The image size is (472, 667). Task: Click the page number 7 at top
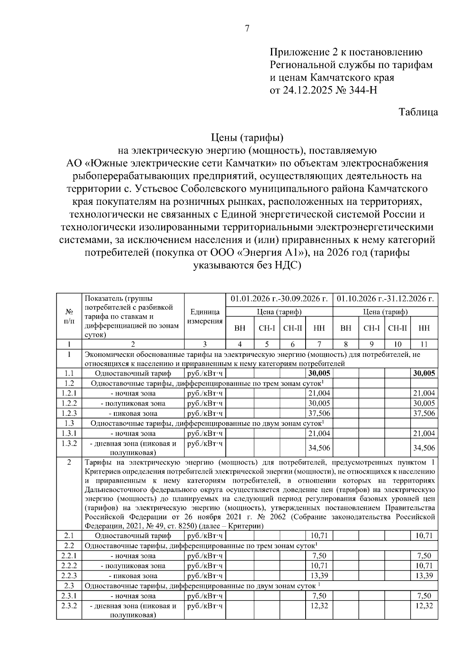[x=247, y=29]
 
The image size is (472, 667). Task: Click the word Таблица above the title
[x=419, y=112]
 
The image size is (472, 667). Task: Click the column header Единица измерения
[x=205, y=316]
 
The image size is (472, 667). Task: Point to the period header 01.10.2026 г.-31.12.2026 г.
[x=385, y=299]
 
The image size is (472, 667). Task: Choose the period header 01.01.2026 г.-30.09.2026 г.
[x=279, y=299]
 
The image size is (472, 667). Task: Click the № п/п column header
[x=69, y=316]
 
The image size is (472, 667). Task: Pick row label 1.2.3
[x=69, y=413]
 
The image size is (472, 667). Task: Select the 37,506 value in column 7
[x=319, y=413]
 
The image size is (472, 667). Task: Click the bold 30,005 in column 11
[x=424, y=373]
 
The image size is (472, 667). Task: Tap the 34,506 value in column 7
[x=319, y=448]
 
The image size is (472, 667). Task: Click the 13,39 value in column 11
[x=424, y=576]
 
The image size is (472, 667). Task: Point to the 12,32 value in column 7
[x=319, y=606]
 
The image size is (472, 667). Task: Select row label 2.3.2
[x=69, y=606]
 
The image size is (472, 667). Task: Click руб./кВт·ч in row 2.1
[x=205, y=535]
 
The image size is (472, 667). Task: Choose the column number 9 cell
[x=371, y=344]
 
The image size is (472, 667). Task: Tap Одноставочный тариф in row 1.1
[x=133, y=373]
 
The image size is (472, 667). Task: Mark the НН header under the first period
[x=319, y=328]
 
